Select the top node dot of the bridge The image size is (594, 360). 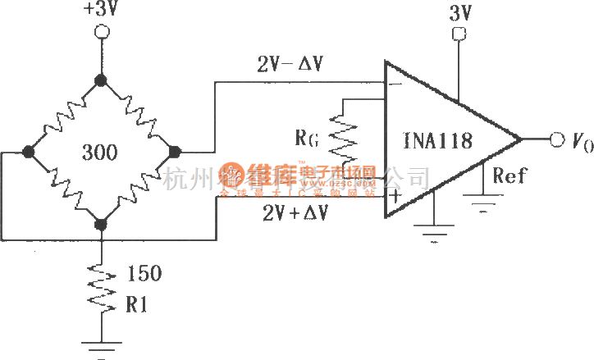click(101, 80)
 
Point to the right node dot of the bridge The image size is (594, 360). click(173, 152)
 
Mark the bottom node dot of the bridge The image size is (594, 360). click(101, 223)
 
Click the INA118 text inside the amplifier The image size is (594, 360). click(438, 141)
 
